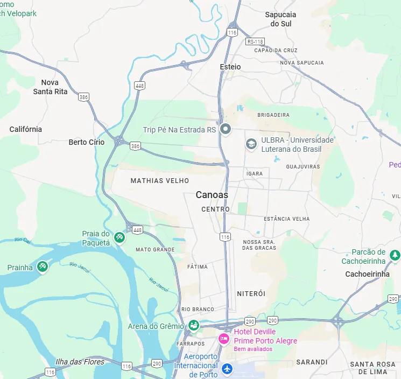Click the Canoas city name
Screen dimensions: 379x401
(x=212, y=195)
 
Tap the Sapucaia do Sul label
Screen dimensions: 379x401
(x=280, y=19)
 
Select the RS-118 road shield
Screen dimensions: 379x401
(x=255, y=41)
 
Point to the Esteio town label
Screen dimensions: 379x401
(x=230, y=67)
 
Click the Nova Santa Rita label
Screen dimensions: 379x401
(x=50, y=87)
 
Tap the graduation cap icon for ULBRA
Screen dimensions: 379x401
(x=251, y=144)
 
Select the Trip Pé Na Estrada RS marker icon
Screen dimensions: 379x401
(x=226, y=129)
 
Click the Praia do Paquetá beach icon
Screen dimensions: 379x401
(x=119, y=236)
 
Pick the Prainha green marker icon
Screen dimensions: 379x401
(x=43, y=266)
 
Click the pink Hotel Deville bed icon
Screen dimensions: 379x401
(x=224, y=339)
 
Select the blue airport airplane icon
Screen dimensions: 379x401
(x=227, y=369)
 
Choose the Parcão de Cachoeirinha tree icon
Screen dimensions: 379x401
(x=395, y=254)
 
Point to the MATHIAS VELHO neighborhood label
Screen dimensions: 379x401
(x=160, y=181)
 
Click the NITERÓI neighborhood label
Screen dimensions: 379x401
(x=251, y=293)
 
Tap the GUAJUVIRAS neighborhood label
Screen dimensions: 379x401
(x=302, y=166)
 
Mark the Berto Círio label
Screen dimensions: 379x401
(x=87, y=142)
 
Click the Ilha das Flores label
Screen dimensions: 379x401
(x=80, y=361)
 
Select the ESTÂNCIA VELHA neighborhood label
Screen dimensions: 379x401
(x=286, y=219)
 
